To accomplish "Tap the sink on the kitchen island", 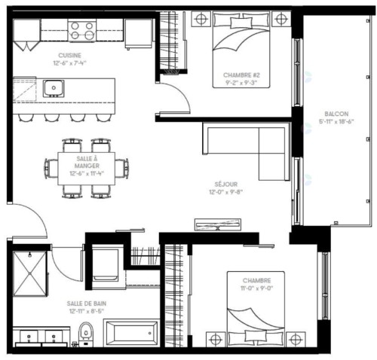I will pos(54,89).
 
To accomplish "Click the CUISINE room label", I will pos(72,56).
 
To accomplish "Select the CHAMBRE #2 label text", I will pos(242,75).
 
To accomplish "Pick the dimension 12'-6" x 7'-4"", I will pos(72,63).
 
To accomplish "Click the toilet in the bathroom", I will pos(86,331).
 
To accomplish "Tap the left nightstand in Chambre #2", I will pos(201,18).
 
